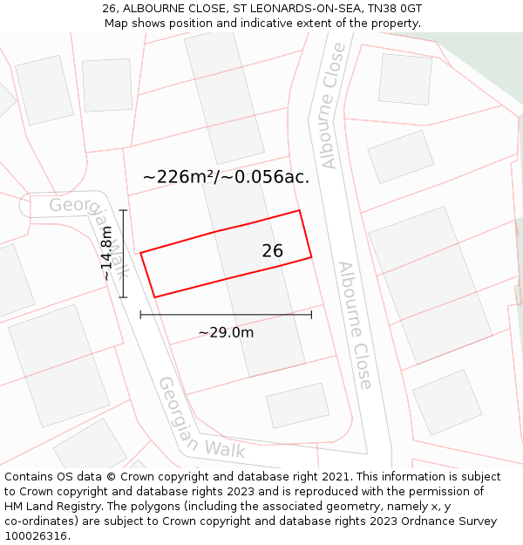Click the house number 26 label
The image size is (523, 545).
click(x=272, y=251)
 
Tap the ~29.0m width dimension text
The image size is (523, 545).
click(x=226, y=332)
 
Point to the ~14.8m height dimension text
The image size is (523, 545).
click(x=106, y=253)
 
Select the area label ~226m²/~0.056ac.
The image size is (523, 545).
click(x=226, y=177)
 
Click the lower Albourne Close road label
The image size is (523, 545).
click(x=356, y=324)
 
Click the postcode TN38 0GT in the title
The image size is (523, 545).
click(x=395, y=8)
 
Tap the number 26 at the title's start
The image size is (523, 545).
click(x=109, y=8)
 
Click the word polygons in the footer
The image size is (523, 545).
click(x=154, y=506)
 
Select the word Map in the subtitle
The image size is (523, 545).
click(x=117, y=23)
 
